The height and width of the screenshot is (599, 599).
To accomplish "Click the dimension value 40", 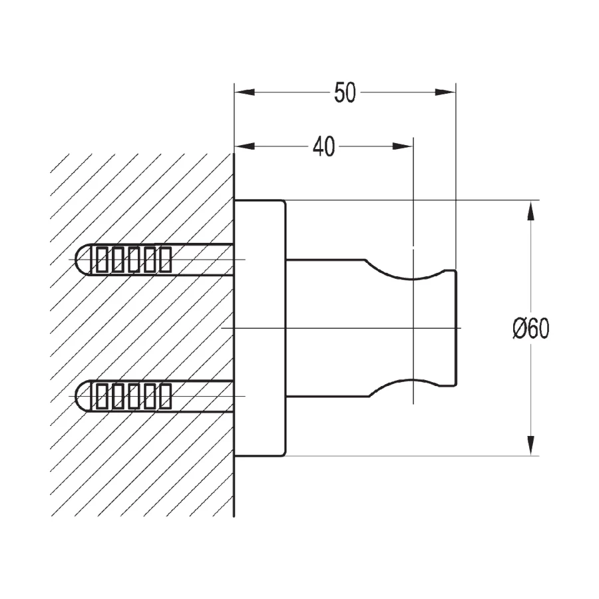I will tap(323, 147).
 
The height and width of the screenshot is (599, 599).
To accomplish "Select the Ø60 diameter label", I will tap(531, 328).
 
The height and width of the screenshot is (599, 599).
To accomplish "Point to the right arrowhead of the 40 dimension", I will tap(403, 146).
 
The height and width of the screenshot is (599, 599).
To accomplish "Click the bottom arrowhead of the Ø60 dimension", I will tap(530, 445).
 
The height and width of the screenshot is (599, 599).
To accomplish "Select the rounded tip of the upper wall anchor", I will tap(81, 260).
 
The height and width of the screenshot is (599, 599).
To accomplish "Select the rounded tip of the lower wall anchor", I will tap(81, 397).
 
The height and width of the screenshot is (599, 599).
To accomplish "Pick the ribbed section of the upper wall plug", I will tap(131, 260).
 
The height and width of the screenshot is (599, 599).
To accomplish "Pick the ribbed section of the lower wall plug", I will tap(131, 397).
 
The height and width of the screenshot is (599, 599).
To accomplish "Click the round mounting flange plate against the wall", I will tap(260, 328).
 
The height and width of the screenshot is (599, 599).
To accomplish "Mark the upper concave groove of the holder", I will tap(413, 274).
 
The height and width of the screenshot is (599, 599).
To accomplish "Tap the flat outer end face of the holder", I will tap(455, 328).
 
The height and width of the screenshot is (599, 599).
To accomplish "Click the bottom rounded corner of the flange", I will tap(284, 453).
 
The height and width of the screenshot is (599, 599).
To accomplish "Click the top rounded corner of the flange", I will tap(284, 202).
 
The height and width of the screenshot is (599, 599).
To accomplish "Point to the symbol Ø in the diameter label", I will tap(520, 328).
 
